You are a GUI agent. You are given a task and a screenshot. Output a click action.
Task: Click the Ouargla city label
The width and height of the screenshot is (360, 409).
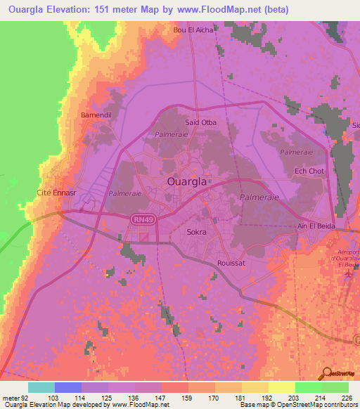(186, 181)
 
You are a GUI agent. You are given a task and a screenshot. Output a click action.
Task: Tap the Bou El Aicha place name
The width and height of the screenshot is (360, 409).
(193, 31)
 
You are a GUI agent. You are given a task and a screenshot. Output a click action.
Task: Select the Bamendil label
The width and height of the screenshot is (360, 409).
(96, 114)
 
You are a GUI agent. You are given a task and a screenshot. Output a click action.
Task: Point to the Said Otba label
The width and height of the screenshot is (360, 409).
(200, 122)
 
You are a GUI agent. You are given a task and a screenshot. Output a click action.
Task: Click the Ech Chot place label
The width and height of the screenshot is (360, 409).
(309, 171)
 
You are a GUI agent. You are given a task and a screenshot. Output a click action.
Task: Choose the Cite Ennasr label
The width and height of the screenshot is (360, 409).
(55, 192)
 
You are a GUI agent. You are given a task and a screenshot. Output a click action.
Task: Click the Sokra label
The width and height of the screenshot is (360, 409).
(197, 231)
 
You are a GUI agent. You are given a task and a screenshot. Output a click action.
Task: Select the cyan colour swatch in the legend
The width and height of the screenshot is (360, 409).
(41, 387)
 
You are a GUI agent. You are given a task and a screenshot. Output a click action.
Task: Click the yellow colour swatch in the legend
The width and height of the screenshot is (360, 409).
(281, 387)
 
